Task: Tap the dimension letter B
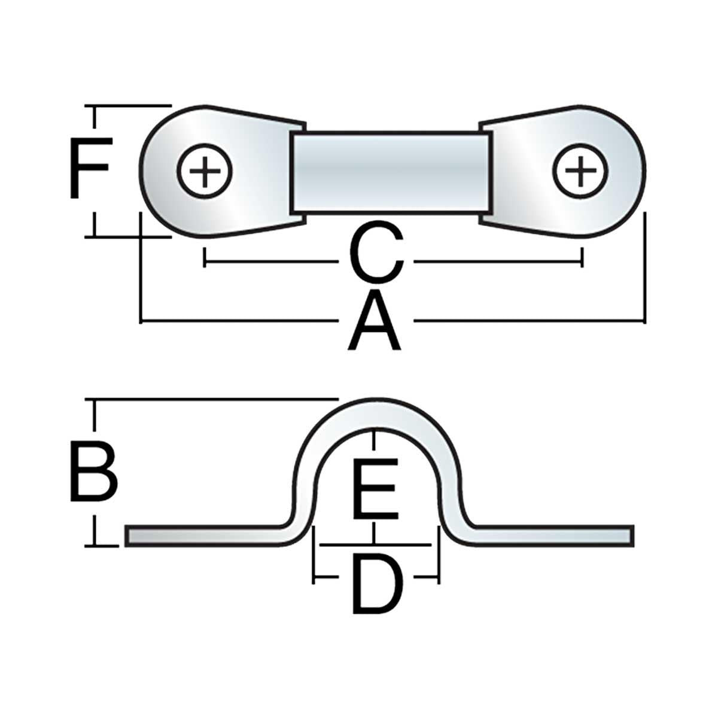pyautogui.click(x=93, y=471)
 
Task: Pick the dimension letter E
pyautogui.click(x=375, y=489)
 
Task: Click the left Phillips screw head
pyautogui.click(x=205, y=172)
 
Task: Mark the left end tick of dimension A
pyautogui.click(x=141, y=321)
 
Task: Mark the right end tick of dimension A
pyautogui.click(x=644, y=321)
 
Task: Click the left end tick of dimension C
pyautogui.click(x=205, y=261)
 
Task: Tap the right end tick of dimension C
pyautogui.click(x=582, y=261)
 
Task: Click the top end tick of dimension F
pyautogui.click(x=93, y=107)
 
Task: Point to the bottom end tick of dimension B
pyautogui.click(x=93, y=545)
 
